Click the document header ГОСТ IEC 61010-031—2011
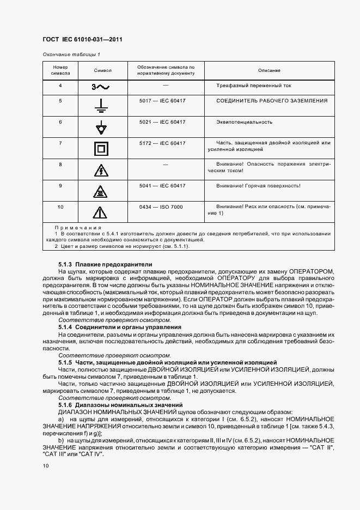click(x=82, y=39)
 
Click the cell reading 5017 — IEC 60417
click(x=162, y=101)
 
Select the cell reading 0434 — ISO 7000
click(x=162, y=207)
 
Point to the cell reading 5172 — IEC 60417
click(x=162, y=143)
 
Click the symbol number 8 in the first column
click(x=60, y=164)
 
